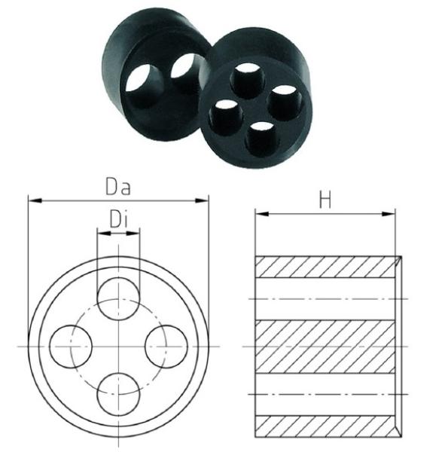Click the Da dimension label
point(118,187)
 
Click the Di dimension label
point(118,218)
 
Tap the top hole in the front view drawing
point(119,299)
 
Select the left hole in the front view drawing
point(71,347)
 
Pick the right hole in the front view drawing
point(166,347)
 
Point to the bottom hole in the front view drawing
point(119,394)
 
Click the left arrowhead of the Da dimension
point(35,200)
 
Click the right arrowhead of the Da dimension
point(201,200)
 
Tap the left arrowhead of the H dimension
point(262,214)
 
